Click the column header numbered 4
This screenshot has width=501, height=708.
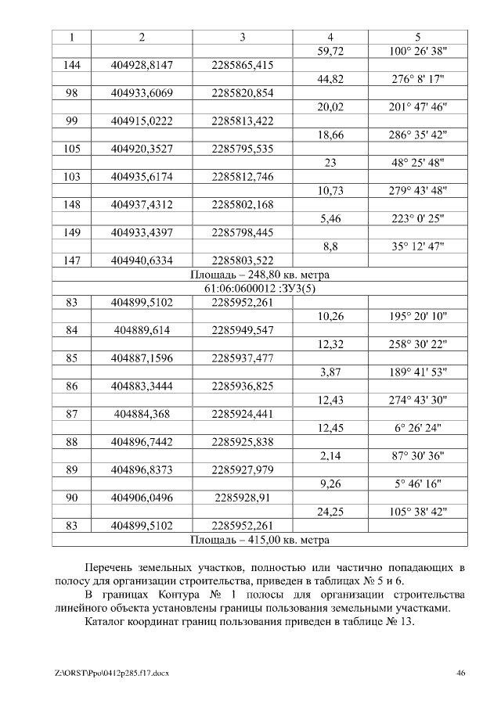click(x=330, y=37)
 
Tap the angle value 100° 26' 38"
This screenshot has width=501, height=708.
click(x=418, y=52)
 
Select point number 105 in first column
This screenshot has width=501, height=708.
click(x=72, y=149)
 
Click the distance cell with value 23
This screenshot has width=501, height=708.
click(x=330, y=163)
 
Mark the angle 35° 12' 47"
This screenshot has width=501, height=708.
click(x=418, y=246)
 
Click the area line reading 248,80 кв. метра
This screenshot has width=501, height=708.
click(x=260, y=275)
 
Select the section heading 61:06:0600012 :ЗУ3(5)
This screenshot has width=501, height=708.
click(x=260, y=289)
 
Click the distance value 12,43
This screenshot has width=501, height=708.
click(x=330, y=401)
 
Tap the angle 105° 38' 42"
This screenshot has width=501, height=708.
click(x=418, y=512)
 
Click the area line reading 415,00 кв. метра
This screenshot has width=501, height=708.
click(x=260, y=540)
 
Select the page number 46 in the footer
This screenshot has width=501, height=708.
click(x=461, y=673)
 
